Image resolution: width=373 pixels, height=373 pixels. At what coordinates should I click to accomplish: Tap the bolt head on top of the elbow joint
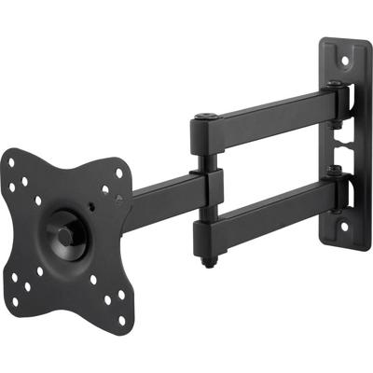point(204,118)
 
